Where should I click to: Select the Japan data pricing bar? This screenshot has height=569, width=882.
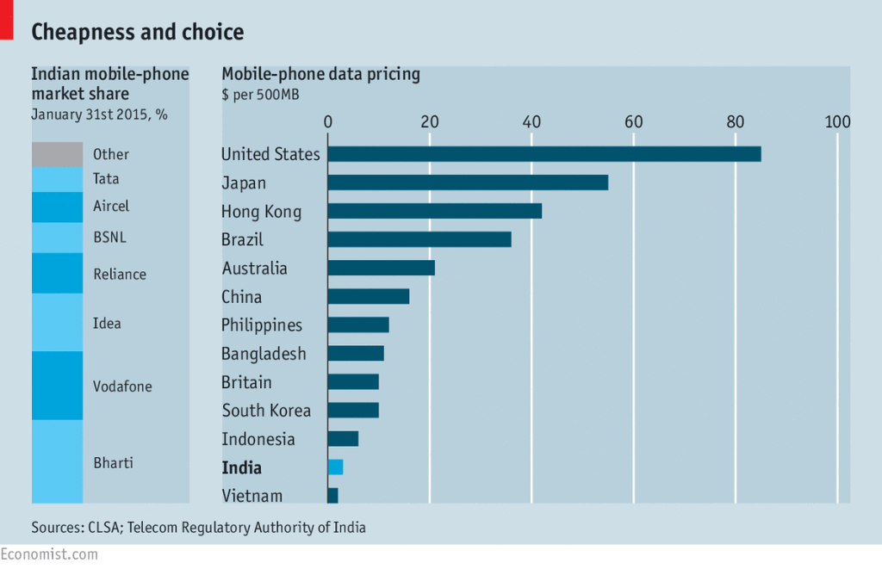[468, 182]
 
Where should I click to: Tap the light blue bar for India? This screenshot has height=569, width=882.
[335, 467]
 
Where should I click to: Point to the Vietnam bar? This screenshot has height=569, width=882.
[332, 496]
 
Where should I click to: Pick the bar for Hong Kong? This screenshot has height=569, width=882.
[435, 211]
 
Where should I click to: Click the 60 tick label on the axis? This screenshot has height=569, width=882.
[633, 121]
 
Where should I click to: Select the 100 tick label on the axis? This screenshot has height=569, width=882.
[837, 121]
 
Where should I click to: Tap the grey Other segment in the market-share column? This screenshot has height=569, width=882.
[57, 154]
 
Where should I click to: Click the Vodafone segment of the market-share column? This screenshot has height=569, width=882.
[57, 386]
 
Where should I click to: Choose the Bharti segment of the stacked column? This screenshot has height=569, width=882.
[57, 461]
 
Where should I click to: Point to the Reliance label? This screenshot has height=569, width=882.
[119, 275]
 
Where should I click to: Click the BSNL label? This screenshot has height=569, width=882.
[109, 236]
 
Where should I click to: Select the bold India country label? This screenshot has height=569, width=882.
[241, 468]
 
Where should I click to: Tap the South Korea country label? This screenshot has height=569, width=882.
[266, 411]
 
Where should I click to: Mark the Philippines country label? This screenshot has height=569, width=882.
[262, 325]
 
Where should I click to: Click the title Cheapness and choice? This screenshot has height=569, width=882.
[138, 33]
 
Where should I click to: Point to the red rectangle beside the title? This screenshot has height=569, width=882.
[6, 20]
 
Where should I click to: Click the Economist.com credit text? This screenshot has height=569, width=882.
[49, 554]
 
